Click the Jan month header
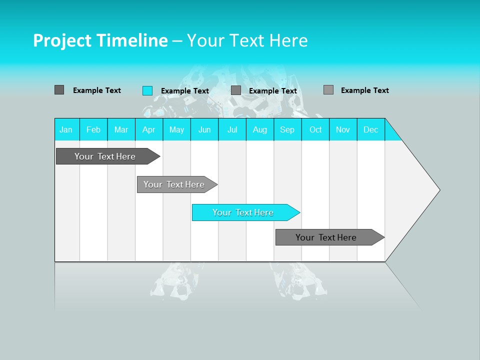(x=66, y=129)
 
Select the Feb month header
(x=93, y=129)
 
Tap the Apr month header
(x=149, y=129)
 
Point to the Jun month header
(x=204, y=129)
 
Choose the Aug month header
(x=260, y=129)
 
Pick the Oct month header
(x=315, y=129)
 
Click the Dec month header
(x=371, y=129)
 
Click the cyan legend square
(x=147, y=90)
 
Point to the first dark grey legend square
(x=59, y=90)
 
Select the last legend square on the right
(x=328, y=90)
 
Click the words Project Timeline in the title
(x=100, y=40)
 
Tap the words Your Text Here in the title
(x=247, y=40)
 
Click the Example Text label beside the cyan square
(x=185, y=91)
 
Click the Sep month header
(x=287, y=129)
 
